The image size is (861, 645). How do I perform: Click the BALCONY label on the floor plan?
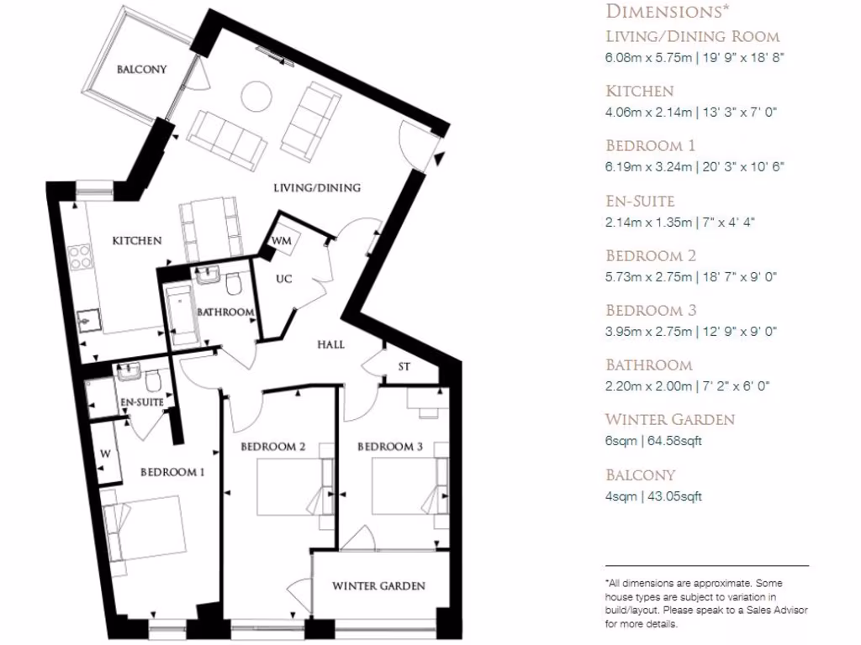[141, 70]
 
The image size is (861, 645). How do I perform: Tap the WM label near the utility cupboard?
[281, 240]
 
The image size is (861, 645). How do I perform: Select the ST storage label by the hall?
[404, 366]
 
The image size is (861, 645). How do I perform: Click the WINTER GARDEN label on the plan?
[378, 585]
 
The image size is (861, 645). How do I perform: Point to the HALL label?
[330, 344]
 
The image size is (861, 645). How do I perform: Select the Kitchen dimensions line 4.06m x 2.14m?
[689, 112]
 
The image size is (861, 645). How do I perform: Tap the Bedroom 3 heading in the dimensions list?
[651, 311]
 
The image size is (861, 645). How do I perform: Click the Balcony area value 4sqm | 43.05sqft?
[653, 496]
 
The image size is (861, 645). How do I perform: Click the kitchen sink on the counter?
[87, 319]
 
